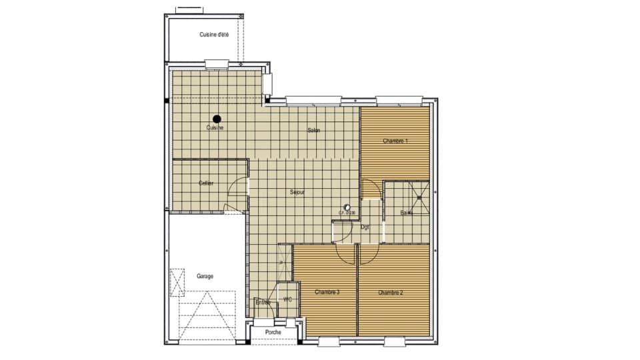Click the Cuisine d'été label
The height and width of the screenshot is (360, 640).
pos(214,35)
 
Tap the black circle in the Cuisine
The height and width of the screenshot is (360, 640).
pos(217,118)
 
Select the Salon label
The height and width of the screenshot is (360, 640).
pos(314,131)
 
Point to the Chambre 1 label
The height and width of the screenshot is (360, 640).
pos(395,141)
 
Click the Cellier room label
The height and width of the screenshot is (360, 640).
pos(206,183)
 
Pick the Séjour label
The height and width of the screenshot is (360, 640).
pos(297,193)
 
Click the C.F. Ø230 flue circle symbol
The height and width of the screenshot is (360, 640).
pos(347,207)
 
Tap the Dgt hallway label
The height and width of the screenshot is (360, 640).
pos(365,227)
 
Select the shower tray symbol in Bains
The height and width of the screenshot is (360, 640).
pos(419,195)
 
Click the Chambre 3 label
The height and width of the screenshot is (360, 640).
pos(327,293)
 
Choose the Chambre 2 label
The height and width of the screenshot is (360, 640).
pos(391,293)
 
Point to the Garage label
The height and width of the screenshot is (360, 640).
pos(205,276)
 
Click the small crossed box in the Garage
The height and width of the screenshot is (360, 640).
pos(177,282)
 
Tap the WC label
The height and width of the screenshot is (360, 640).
pos(287,300)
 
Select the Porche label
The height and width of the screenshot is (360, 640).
pos(273,332)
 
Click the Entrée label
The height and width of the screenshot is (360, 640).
pos(263,303)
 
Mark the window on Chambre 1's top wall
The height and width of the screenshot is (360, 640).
pos(399,101)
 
